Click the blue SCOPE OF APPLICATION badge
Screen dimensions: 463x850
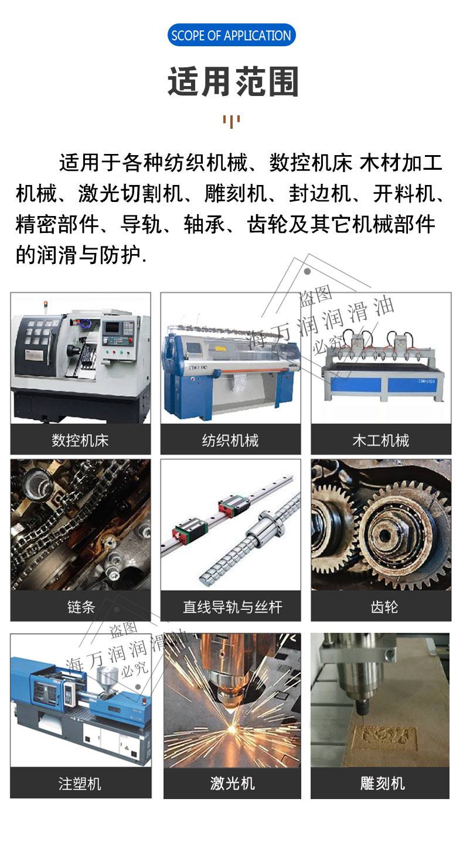(231, 35)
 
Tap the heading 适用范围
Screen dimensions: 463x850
(233, 81)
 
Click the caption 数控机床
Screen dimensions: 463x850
(80, 440)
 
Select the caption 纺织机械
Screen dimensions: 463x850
(230, 440)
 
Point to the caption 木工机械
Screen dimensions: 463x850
(380, 440)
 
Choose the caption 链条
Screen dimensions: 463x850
(80, 606)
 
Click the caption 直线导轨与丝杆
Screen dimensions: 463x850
(233, 606)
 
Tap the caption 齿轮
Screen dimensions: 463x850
(384, 606)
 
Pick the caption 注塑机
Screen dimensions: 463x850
(80, 783)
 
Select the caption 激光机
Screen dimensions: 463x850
(232, 783)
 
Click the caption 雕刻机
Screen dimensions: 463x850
(383, 783)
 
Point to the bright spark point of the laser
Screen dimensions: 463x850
(230, 728)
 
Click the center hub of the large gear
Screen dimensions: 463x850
(385, 536)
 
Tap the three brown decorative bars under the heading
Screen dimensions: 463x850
(231, 121)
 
